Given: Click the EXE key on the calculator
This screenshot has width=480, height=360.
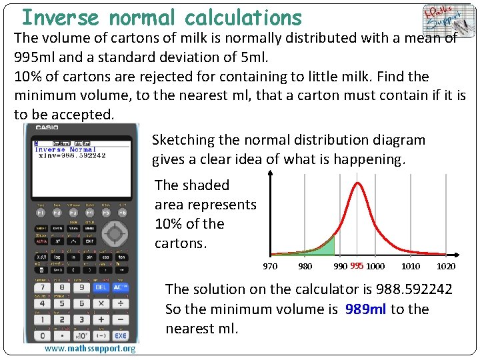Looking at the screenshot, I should click(119, 335).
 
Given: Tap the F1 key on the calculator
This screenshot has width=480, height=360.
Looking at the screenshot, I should click(40, 212).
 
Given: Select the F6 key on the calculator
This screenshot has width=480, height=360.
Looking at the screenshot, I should click(122, 212).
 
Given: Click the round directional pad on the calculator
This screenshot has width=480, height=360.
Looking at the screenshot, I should click(114, 233).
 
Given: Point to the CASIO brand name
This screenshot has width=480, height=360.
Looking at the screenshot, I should click(47, 127).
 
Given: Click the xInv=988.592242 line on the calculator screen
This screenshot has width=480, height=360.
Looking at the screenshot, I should click(72, 156).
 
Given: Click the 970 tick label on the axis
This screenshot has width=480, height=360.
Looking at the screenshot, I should click(270, 266).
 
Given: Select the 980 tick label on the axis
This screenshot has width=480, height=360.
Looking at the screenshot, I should click(305, 266).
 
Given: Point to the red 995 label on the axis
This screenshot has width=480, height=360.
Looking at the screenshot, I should click(357, 266).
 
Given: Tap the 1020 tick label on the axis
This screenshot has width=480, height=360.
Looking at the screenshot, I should click(445, 266).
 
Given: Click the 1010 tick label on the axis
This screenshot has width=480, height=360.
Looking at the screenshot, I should click(411, 266).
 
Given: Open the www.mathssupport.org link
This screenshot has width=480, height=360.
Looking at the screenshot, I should click(90, 349).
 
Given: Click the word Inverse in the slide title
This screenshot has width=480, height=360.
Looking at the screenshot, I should click(60, 17).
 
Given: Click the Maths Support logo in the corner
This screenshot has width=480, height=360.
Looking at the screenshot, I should click(443, 20).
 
